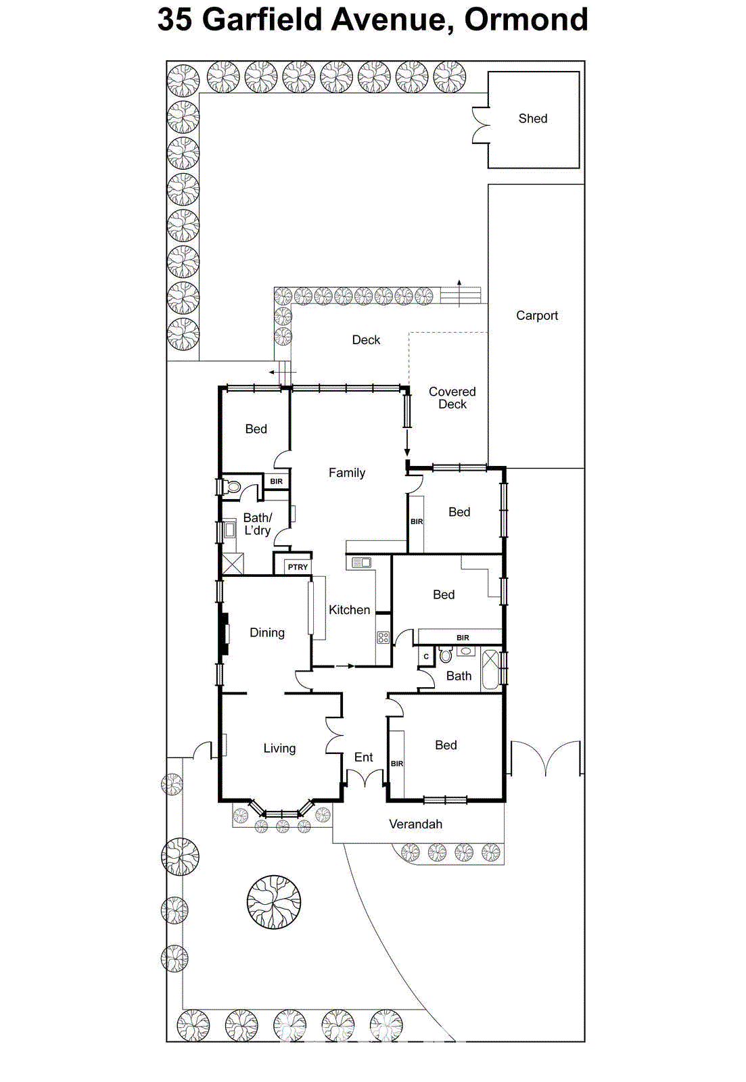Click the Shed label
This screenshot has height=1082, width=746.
click(532, 118)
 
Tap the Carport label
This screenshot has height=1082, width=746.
click(536, 315)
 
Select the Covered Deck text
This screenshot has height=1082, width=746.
click(452, 398)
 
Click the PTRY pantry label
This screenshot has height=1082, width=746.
click(298, 567)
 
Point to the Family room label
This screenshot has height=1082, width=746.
click(346, 473)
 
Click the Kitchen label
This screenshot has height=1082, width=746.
click(349, 609)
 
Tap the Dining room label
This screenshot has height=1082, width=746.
click(266, 632)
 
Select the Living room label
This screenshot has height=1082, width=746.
click(279, 748)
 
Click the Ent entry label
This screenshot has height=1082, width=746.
click(363, 757)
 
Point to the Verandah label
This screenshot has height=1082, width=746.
click(415, 824)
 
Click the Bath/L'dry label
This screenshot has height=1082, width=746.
click(257, 524)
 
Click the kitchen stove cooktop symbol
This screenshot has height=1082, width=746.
click(383, 637)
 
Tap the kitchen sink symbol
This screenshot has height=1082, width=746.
click(361, 562)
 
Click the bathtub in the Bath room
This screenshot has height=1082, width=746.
click(490, 669)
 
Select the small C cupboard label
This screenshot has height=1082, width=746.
click(426, 657)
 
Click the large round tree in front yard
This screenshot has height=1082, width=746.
click(273, 902)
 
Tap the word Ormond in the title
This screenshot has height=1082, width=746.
click(526, 19)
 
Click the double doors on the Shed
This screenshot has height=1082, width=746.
click(480, 125)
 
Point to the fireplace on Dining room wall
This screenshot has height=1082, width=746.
click(223, 634)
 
